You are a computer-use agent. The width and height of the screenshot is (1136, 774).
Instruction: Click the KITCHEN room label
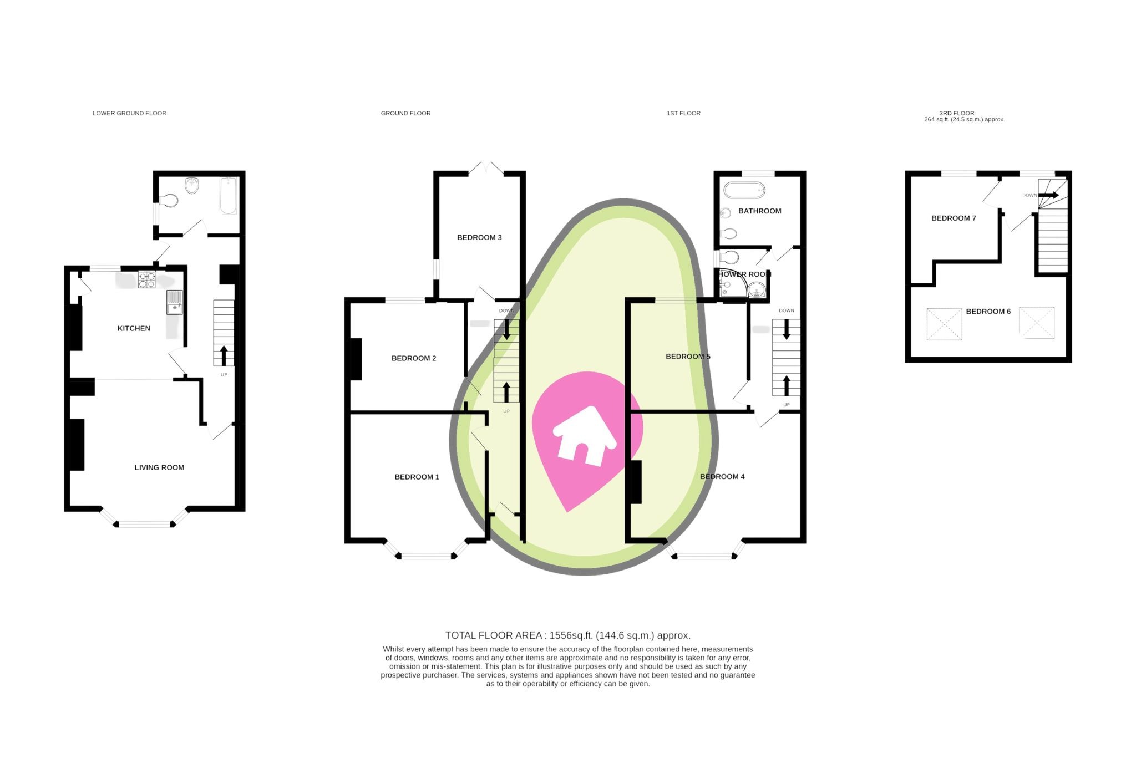134,328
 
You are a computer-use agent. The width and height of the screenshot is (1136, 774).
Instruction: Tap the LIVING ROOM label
159,467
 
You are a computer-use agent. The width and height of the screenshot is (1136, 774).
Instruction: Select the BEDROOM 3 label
479,237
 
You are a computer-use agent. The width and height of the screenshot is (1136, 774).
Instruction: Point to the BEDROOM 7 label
954,218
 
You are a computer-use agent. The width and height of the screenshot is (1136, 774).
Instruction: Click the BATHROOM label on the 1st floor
759,211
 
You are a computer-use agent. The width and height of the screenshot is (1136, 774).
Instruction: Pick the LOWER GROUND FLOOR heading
129,113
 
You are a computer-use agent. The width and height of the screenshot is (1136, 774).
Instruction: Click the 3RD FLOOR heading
956,113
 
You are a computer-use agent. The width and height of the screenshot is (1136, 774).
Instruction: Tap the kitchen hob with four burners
146,279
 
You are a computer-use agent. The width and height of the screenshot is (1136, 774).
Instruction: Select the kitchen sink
174,303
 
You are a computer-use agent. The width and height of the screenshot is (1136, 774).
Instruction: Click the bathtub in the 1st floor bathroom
744,190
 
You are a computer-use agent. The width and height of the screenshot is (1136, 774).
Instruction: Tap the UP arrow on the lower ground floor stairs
224,355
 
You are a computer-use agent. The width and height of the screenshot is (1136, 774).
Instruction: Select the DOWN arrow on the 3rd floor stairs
1048,195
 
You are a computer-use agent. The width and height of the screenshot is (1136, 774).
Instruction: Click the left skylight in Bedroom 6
944,324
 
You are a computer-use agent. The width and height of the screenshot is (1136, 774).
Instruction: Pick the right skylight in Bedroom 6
1036,323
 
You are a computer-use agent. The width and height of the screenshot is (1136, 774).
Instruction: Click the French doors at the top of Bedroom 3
485,168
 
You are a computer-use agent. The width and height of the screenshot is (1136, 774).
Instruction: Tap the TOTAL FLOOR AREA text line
567,635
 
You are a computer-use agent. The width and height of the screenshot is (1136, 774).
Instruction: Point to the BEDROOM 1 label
417,477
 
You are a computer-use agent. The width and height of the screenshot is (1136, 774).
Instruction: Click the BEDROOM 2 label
414,358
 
